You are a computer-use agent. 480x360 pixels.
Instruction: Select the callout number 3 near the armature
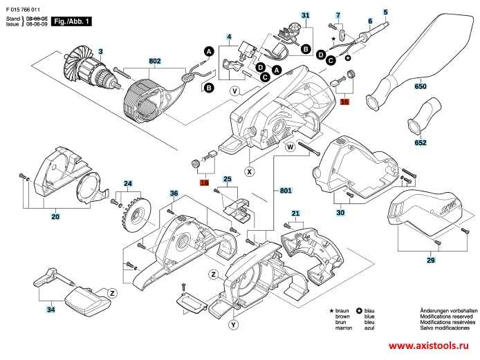[100, 51]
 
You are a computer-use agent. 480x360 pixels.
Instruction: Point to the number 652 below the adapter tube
[420, 143]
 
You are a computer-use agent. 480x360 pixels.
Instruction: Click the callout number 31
[306, 15]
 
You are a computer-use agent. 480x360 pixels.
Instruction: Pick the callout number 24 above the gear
[128, 184]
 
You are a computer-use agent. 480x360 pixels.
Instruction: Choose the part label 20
[55, 216]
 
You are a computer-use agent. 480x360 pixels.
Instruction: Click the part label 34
[50, 310]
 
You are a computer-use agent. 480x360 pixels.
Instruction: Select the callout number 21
[295, 213]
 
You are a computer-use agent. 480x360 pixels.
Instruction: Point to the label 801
[286, 190]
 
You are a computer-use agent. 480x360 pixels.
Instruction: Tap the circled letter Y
[234, 324]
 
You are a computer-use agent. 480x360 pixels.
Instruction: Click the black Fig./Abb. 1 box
[72, 22]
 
